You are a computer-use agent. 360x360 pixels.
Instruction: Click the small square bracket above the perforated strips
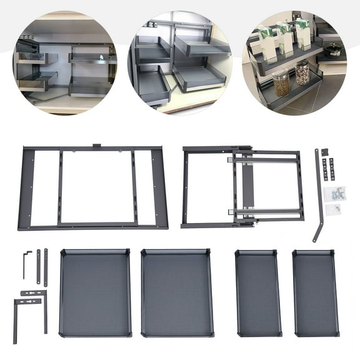point(324,152)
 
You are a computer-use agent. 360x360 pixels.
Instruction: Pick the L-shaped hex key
point(26,262)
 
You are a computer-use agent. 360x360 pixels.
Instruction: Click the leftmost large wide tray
point(95,292)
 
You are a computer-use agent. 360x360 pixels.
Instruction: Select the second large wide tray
point(177,292)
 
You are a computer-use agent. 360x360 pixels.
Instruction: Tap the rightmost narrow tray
point(316,292)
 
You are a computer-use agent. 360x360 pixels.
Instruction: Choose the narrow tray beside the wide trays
point(257,292)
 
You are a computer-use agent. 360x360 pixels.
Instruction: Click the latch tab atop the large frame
point(97,147)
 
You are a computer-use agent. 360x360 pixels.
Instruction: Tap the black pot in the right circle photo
point(332,51)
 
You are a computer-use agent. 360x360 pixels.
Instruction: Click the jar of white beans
point(302,74)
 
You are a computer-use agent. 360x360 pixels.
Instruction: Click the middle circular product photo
point(179,62)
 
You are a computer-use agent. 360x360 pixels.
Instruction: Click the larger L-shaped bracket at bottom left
point(25,312)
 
